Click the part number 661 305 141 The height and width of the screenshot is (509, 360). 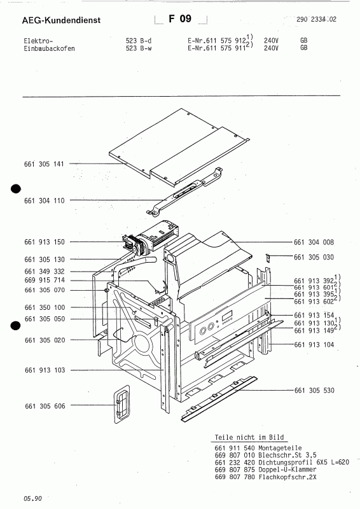44,165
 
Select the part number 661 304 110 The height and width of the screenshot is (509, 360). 44,200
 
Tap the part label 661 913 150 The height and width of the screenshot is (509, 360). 44,242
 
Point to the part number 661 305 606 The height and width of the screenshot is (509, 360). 44,405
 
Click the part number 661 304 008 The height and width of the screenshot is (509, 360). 314,242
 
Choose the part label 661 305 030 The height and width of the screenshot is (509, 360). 314,257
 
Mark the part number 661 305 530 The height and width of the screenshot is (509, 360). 314,390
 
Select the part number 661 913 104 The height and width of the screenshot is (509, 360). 314,344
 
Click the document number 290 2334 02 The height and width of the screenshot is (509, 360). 316,20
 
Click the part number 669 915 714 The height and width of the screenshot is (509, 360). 44,281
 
